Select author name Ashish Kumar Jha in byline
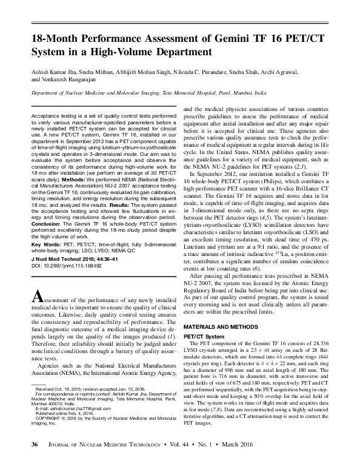click(56, 72)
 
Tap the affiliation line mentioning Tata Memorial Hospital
click(148, 95)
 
